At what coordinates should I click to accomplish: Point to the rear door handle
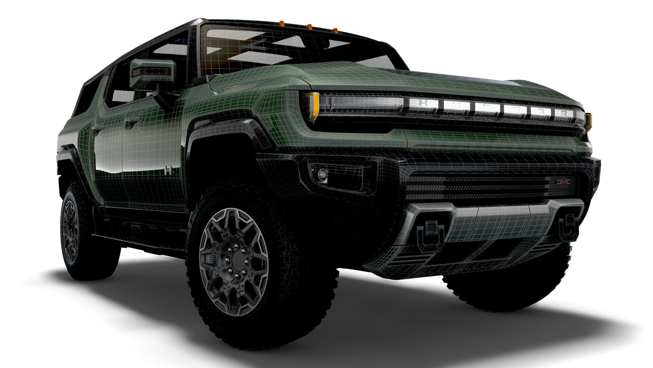[97, 128]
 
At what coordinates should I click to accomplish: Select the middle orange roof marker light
[309, 26]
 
